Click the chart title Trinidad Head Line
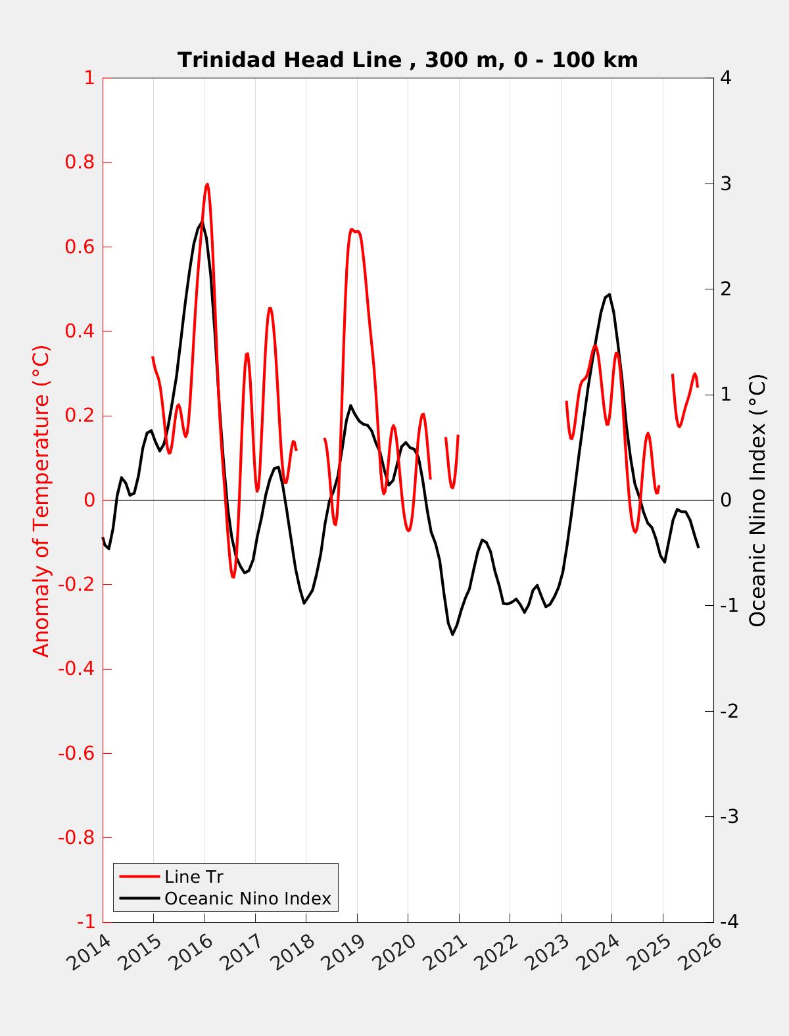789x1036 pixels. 408,60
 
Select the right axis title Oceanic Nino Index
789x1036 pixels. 757,500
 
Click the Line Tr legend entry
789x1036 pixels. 193,877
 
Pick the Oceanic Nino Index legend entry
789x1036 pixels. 247,899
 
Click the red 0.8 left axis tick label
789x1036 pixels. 80,162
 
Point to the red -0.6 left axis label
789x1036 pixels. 76,753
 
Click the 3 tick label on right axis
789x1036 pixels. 726,184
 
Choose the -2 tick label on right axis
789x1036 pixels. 729,711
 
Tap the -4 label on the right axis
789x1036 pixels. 729,922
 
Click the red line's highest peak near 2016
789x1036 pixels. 207,184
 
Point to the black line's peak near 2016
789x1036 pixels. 202,223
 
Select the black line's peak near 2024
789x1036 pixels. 610,294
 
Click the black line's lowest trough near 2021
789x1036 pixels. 452,634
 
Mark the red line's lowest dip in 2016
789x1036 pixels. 233,578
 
